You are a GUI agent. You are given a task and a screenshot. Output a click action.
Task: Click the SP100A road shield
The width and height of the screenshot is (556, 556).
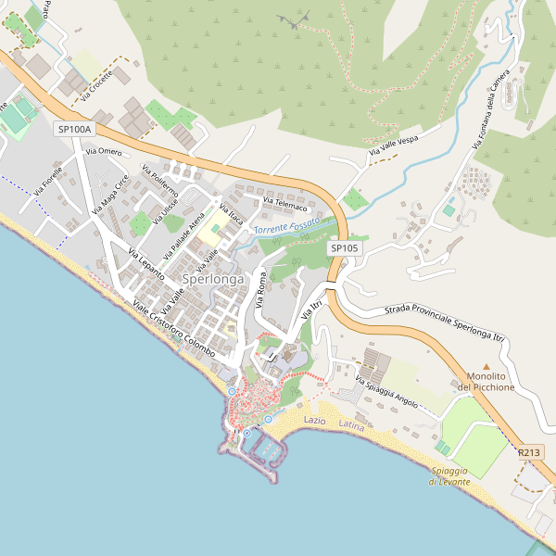75,130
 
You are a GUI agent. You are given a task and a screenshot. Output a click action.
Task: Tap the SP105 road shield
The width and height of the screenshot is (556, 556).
344,248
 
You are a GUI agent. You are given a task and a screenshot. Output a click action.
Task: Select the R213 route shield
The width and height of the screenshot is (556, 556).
529,452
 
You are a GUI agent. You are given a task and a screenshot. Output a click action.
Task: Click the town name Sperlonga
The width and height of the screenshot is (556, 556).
213,278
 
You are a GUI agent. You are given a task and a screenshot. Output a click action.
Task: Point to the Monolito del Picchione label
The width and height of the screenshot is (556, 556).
486,382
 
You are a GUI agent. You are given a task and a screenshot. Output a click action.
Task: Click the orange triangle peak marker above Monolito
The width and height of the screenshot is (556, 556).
486,367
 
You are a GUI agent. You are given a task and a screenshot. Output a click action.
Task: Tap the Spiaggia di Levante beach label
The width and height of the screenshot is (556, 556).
450,476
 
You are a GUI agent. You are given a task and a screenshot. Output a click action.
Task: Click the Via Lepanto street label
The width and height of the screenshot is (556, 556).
145,265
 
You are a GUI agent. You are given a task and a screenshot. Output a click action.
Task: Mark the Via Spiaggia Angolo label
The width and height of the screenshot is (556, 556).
387,392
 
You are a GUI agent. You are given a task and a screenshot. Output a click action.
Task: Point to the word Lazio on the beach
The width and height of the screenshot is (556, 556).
315,421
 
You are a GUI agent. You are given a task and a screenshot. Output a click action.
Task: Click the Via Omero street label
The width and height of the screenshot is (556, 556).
103,151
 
